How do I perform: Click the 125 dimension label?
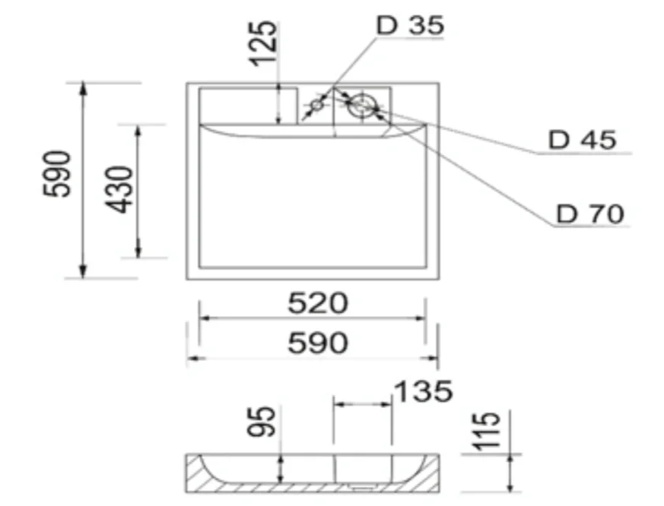coord(263,43)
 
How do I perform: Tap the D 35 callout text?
coord(411,25)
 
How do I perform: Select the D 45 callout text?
coord(583,140)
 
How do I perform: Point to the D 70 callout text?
coord(590,213)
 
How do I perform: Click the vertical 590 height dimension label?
coord(57,174)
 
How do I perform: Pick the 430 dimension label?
coord(119,190)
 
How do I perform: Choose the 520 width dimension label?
coord(318,303)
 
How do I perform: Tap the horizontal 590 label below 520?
coord(318,343)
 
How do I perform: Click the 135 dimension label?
coord(424,391)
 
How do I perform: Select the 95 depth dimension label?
coord(262,422)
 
